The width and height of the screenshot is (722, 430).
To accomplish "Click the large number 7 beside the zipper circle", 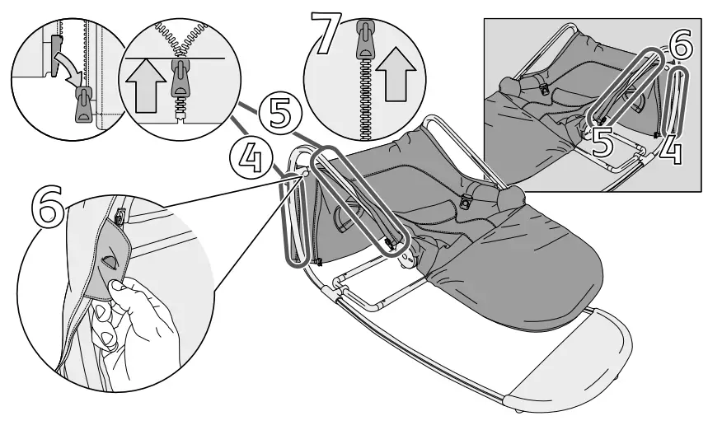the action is tap(323, 31).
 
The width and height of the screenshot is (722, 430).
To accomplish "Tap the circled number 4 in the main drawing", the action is tap(244, 155).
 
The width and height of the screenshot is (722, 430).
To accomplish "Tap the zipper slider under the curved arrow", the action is tap(83, 105).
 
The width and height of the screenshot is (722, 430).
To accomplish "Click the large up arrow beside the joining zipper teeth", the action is tap(143, 84).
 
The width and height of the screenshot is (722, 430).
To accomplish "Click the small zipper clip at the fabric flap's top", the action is tap(120, 216).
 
